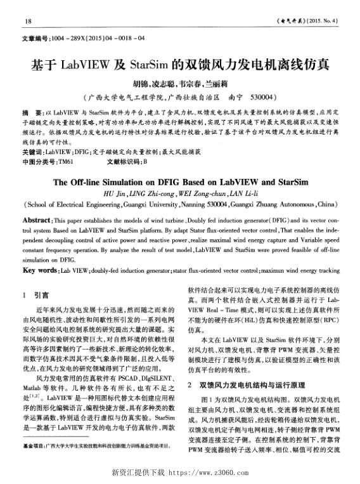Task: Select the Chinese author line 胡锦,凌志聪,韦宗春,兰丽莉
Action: pyautogui.click(x=180, y=84)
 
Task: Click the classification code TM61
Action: pyautogui.click(x=65, y=162)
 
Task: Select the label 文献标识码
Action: pyautogui.click(x=124, y=162)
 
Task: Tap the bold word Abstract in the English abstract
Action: pyautogui.click(x=37, y=219)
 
